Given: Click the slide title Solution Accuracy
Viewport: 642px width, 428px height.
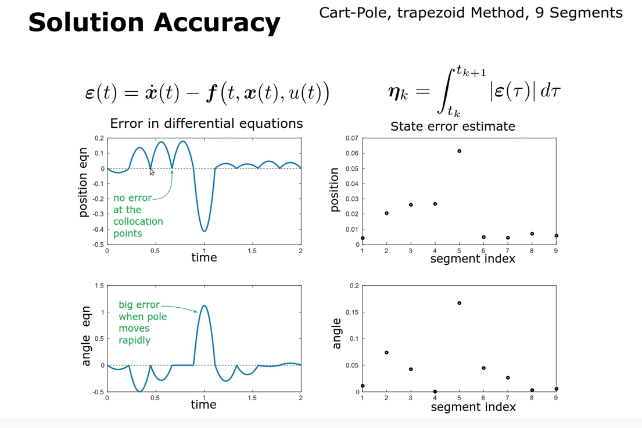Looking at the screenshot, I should [154, 23].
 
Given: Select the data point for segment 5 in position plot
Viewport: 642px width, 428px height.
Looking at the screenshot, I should [460, 151].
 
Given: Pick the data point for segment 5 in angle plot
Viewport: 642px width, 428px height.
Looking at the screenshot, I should [460, 303].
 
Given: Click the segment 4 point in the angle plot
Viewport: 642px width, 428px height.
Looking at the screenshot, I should [435, 391].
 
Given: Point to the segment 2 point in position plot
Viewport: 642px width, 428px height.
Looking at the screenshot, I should [386, 213].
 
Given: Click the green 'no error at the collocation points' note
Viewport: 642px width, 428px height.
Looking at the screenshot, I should [138, 215].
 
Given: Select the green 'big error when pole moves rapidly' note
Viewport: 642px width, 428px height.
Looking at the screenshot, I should [143, 322].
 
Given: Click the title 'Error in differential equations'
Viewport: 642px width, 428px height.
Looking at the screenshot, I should [206, 124].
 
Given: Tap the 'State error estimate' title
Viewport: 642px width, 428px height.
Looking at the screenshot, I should [453, 126].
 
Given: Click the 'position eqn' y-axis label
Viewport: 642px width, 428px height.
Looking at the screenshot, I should [84, 183].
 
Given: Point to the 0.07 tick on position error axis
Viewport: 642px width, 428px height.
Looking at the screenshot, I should [352, 138].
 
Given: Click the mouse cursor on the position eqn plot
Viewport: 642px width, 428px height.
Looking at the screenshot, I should [152, 172].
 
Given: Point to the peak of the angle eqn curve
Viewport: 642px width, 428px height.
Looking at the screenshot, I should [204, 305].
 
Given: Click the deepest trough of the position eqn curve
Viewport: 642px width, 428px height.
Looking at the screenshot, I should [204, 231].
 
